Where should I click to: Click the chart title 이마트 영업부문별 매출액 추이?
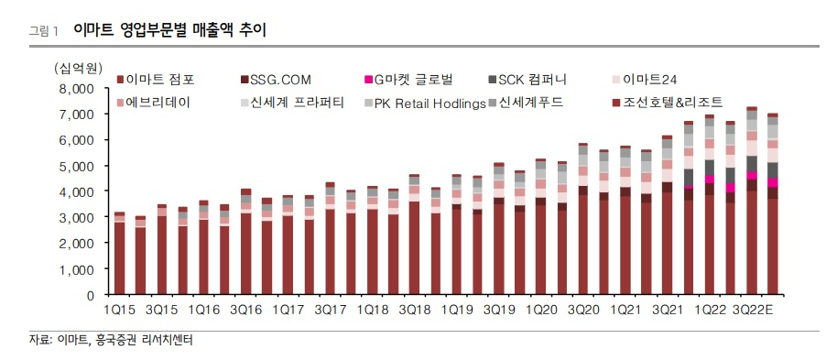pyautogui.click(x=169, y=30)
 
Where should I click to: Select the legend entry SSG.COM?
pyautogui.click(x=276, y=81)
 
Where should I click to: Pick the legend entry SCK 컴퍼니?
pyautogui.click(x=527, y=81)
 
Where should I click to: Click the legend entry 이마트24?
pyautogui.click(x=645, y=81)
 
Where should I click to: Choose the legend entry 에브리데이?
pyautogui.click(x=153, y=103)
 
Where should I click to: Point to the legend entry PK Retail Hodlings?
pyautogui.click(x=425, y=104)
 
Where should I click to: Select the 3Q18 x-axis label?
pyautogui.click(x=414, y=310)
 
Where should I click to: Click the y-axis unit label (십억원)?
pyautogui.click(x=78, y=68)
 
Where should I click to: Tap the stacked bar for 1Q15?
pyautogui.click(x=120, y=253)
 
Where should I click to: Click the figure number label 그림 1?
pyautogui.click(x=44, y=31)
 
